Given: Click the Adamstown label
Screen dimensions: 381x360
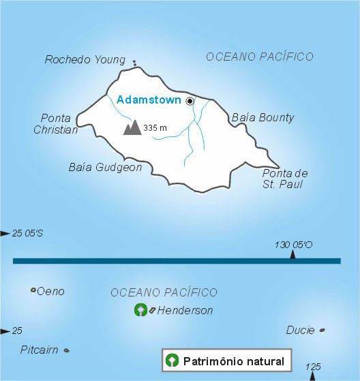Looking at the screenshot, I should pyautogui.click(x=149, y=100).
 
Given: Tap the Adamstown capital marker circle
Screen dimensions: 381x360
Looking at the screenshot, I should pyautogui.click(x=190, y=101).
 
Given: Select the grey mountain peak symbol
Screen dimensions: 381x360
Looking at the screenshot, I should pyautogui.click(x=132, y=127).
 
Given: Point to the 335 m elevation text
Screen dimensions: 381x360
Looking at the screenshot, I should pyautogui.click(x=155, y=127).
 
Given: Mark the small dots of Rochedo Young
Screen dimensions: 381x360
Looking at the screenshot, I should pyautogui.click(x=134, y=63).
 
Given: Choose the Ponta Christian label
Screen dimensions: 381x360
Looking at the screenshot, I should pyautogui.click(x=55, y=123).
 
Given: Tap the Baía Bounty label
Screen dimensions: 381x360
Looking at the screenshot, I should pyautogui.click(x=262, y=117).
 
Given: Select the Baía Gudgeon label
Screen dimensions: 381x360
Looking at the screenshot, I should pyautogui.click(x=105, y=167).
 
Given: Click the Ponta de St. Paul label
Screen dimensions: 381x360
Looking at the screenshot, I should pyautogui.click(x=285, y=179).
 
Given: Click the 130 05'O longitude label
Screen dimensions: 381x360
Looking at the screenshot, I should pyautogui.click(x=294, y=245).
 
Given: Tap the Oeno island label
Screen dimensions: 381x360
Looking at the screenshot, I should pyautogui.click(x=50, y=291).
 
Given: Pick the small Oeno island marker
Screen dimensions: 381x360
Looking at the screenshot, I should pyautogui.click(x=33, y=290).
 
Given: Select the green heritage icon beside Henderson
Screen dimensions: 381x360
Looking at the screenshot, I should pyautogui.click(x=140, y=310).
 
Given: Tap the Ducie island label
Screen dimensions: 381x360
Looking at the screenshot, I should pyautogui.click(x=301, y=331).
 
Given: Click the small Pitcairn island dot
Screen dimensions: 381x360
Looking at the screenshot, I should pyautogui.click(x=66, y=350).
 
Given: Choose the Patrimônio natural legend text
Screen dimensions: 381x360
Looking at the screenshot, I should pyautogui.click(x=233, y=360).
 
